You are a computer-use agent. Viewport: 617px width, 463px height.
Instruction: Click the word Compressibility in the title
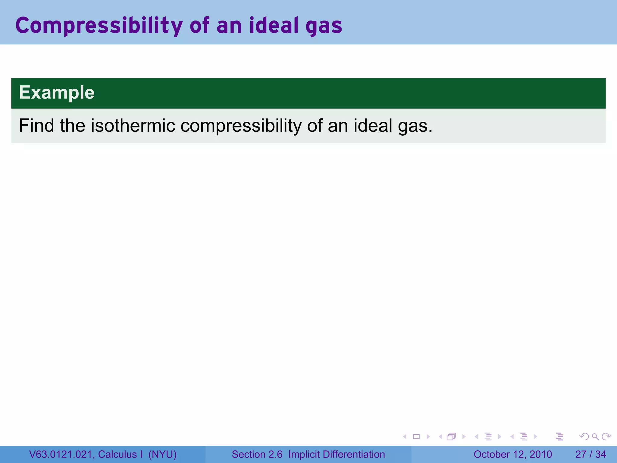[99, 26]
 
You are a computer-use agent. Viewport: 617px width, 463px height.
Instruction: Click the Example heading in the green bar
[57, 93]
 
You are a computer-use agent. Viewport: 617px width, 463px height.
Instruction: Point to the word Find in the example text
[36, 125]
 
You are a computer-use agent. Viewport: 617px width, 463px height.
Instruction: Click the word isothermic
[133, 125]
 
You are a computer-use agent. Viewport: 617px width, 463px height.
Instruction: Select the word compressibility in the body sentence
[241, 126]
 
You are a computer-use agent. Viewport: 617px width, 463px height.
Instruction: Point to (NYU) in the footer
[162, 454]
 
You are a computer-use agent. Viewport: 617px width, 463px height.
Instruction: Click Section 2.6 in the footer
[257, 454]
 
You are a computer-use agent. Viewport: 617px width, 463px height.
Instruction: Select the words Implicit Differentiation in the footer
[337, 454]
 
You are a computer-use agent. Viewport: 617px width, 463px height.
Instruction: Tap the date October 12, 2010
[512, 454]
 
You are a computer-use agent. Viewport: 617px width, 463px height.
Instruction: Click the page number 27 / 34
[590, 454]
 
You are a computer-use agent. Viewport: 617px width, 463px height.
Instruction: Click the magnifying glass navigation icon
[595, 436]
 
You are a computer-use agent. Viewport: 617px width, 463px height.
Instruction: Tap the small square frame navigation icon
[416, 436]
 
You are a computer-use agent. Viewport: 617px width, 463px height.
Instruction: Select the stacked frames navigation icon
[451, 436]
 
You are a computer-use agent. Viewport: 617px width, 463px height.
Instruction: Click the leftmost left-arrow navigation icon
[405, 436]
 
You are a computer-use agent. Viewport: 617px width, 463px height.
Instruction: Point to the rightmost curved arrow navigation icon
[606, 436]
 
